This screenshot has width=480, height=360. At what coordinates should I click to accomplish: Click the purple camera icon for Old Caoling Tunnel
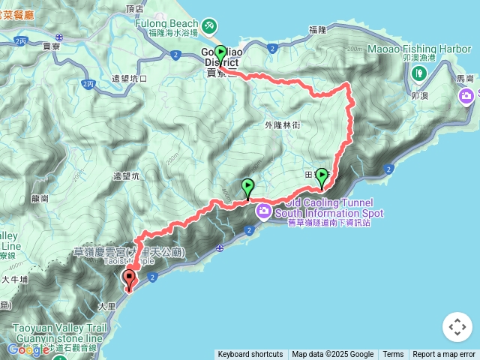pyautogui.click(x=263, y=211)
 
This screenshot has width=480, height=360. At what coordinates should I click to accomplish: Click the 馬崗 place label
pyautogui.click(x=465, y=78)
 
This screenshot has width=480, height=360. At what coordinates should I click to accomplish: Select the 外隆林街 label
pyautogui.click(x=282, y=125)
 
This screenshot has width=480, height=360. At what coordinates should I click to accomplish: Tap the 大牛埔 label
pyautogui.click(x=15, y=279)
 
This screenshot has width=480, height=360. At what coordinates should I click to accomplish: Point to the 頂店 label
pyautogui.click(x=135, y=9)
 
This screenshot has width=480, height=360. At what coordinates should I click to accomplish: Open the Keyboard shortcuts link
pyautogui.click(x=250, y=355)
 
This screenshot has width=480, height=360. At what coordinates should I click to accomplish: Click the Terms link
pyautogui.click(x=393, y=355)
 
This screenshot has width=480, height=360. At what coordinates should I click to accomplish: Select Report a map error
pyautogui.click(x=444, y=355)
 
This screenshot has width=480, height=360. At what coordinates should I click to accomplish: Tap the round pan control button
pyautogui.click(x=457, y=327)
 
